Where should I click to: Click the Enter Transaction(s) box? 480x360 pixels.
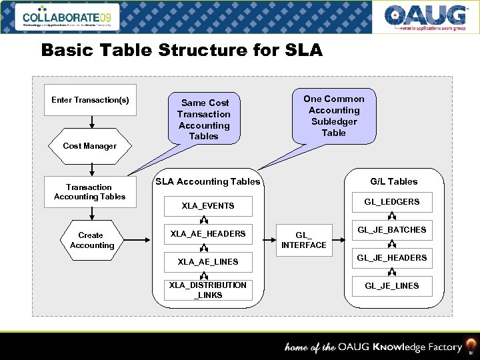[90, 100]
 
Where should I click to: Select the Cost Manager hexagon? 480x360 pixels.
[89, 146]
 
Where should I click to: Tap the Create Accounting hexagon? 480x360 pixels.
[91, 240]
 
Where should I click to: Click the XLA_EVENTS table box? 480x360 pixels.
[208, 206]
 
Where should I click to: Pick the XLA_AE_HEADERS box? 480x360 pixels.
[208, 234]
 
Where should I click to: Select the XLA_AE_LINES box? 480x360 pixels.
[208, 262]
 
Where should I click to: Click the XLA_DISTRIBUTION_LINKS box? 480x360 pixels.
[208, 290]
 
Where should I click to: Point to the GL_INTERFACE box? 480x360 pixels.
[304, 240]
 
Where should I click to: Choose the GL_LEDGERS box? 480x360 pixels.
[392, 202]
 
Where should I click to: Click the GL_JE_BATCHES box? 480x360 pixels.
[392, 230]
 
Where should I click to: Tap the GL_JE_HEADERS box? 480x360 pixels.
[392, 258]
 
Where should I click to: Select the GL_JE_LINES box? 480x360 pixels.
[392, 286]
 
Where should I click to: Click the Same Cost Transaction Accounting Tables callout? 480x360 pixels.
[204, 119]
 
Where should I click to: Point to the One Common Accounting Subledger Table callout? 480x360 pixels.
[334, 115]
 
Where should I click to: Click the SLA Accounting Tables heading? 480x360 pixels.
[208, 181]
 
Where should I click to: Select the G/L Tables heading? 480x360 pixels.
[393, 181]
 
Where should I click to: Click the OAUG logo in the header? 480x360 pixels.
[425, 17]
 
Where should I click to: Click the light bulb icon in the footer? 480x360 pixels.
[471, 346]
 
